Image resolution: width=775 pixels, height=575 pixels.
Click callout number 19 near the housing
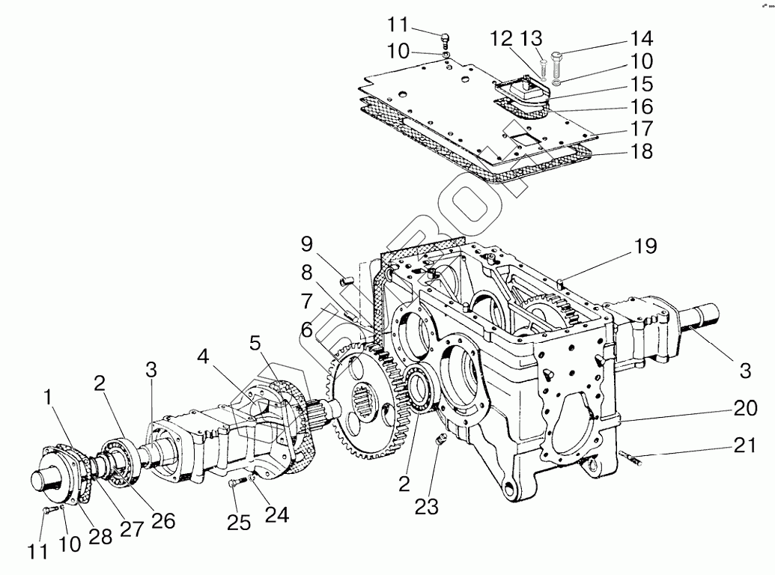pyautogui.click(x=645, y=246)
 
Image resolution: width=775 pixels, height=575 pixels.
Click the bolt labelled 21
pyautogui.click(x=632, y=457)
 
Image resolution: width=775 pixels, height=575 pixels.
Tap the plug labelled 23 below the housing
pyautogui.click(x=440, y=439)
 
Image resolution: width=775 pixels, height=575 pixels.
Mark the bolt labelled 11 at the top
pyautogui.click(x=445, y=35)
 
